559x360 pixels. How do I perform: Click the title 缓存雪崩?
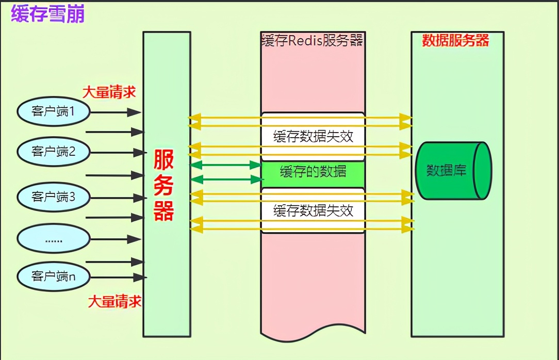click(47, 14)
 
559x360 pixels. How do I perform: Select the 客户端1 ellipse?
click(54, 111)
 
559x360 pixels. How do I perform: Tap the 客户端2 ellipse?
click(54, 151)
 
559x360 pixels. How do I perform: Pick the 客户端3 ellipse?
click(54, 197)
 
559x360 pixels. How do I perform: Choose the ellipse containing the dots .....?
click(54, 239)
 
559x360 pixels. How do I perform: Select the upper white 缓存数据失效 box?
click(313, 137)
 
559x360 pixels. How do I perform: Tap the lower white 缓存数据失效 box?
click(313, 210)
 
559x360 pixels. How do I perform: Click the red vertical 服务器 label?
click(164, 186)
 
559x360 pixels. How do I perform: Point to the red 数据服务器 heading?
click(455, 41)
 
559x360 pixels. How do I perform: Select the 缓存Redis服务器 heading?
click(313, 41)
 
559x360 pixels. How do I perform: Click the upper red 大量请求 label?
click(109, 92)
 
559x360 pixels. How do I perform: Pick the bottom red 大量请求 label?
click(114, 301)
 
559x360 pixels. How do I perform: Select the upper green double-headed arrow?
click(226, 165)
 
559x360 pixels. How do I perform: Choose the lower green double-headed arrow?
click(226, 179)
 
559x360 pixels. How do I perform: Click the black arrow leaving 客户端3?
click(118, 198)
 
